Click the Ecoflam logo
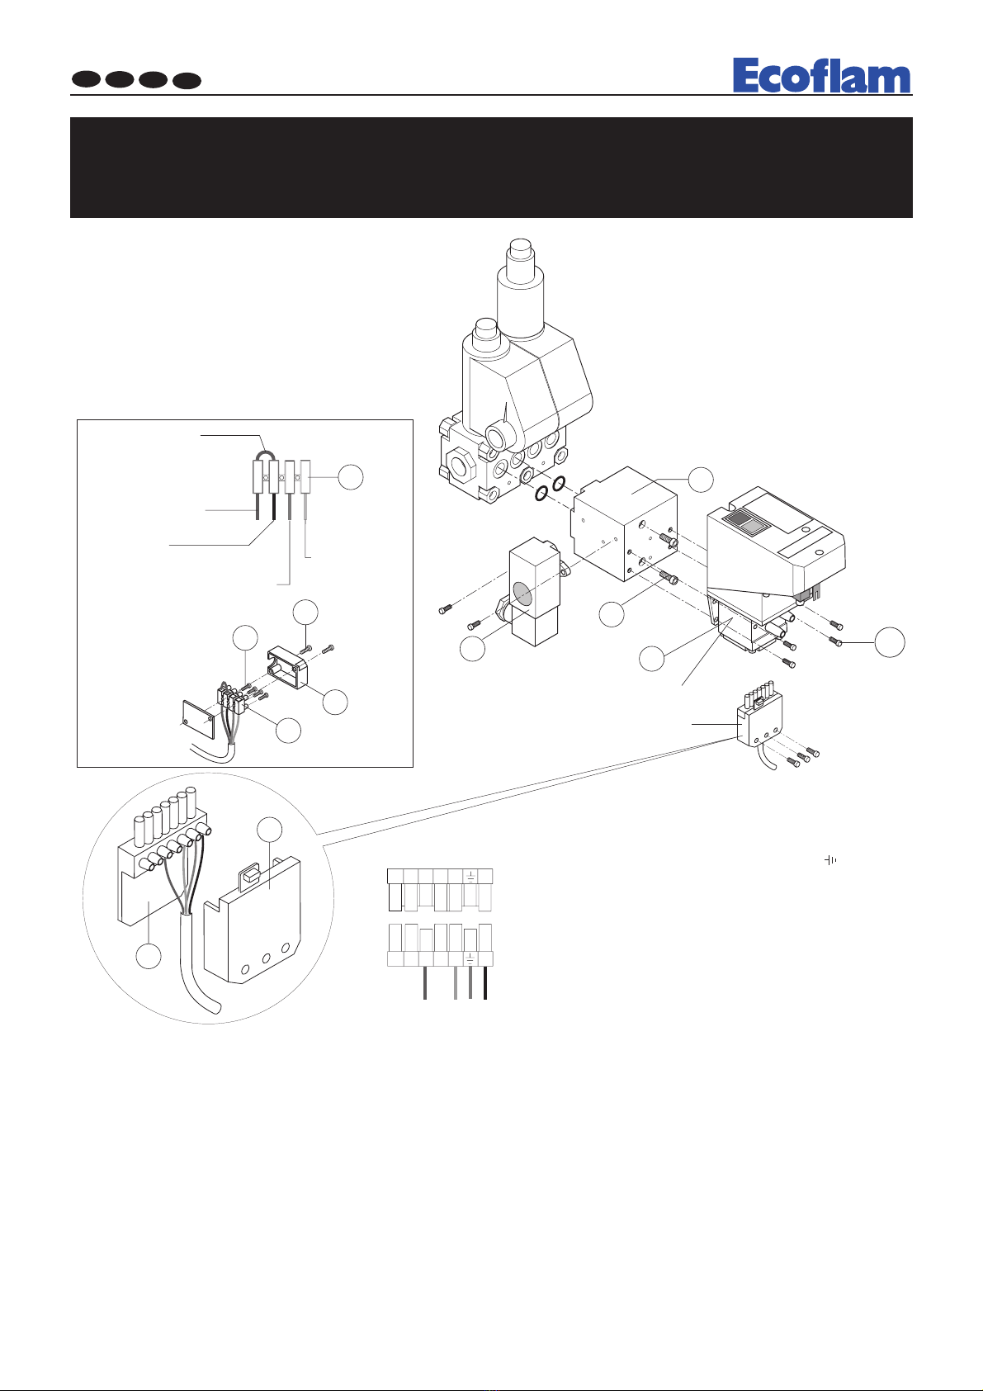pos(821,76)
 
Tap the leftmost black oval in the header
pos(87,80)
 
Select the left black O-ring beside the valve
pos(541,494)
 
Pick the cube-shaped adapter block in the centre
pos(624,523)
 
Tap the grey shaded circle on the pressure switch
pos(523,594)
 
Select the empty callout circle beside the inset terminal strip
pos(351,477)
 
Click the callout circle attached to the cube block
pos(701,479)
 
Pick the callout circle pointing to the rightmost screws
pos(889,641)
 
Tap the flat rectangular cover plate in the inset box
pos(198,720)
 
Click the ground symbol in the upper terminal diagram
pos(470,876)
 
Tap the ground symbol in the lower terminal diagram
pos(470,958)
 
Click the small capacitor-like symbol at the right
pos(830,860)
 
